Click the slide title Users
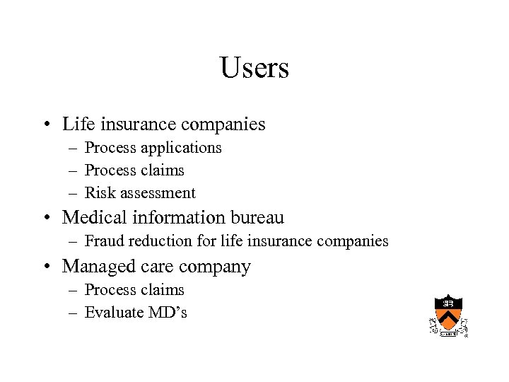[255, 69]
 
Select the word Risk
[97, 192]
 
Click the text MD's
[167, 312]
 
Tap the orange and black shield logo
[448, 314]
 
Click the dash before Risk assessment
[74, 193]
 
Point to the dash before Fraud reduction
[74, 242]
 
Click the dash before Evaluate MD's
[74, 313]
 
